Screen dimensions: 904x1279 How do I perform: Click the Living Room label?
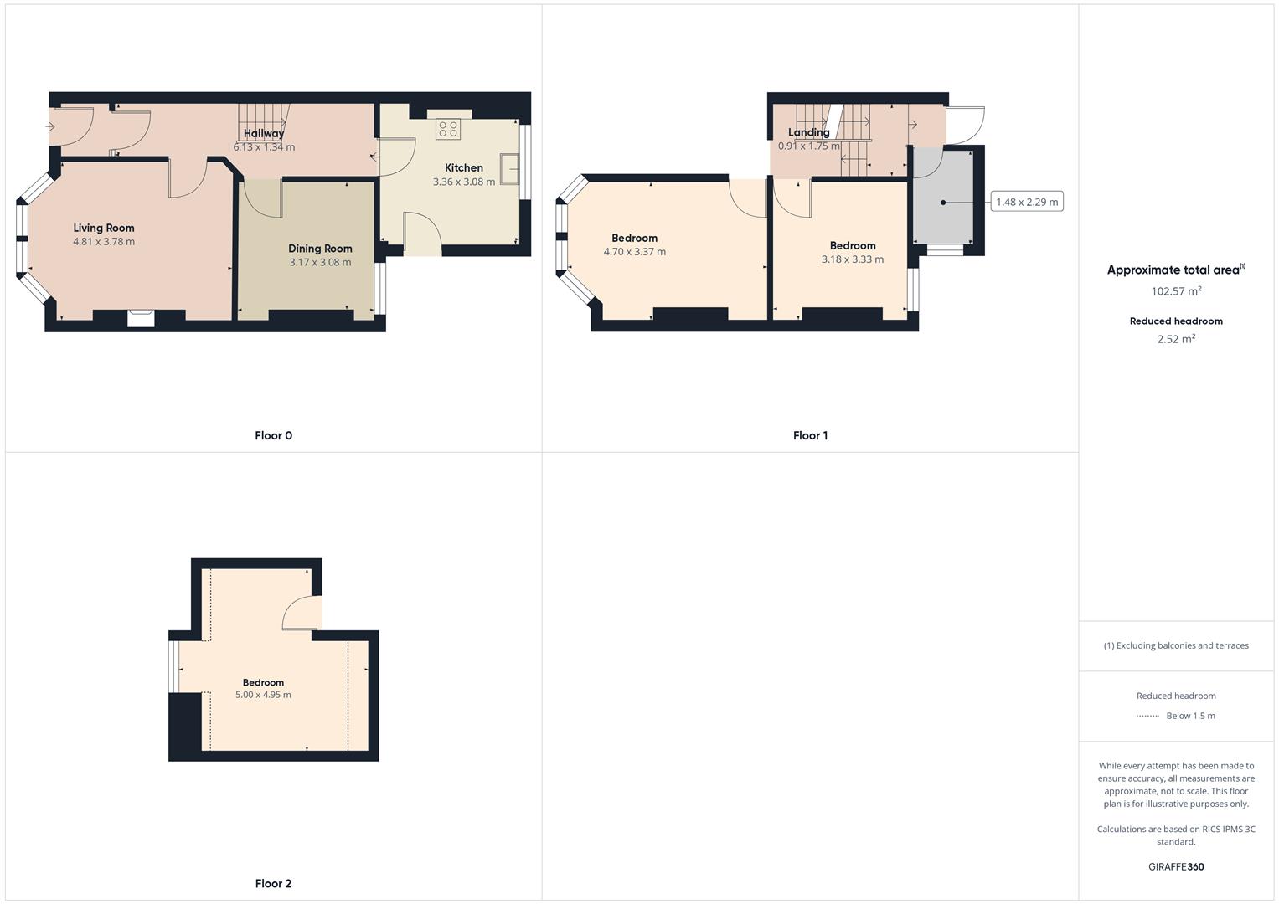[104, 228]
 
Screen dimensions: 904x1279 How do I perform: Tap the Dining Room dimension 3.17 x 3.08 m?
[320, 263]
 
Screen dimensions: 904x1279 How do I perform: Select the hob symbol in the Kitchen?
[447, 129]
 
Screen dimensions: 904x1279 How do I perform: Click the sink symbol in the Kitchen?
[509, 169]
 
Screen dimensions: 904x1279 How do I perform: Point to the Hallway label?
[264, 133]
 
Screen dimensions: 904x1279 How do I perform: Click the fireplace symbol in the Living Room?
[141, 317]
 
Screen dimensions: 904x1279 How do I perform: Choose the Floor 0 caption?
[273, 435]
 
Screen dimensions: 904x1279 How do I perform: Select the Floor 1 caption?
[810, 435]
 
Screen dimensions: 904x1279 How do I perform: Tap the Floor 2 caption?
[273, 883]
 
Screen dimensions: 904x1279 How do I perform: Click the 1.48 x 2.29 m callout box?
[1027, 202]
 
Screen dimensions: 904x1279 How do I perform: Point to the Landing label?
[808, 132]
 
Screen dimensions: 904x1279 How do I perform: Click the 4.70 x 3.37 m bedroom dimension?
[634, 252]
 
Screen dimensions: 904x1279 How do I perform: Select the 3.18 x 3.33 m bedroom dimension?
[852, 259]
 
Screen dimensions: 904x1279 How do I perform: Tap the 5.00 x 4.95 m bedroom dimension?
[263, 695]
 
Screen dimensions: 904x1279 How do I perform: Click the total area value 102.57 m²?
[1176, 291]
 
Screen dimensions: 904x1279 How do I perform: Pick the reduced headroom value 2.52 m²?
[1176, 339]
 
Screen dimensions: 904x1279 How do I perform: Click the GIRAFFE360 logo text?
[1176, 867]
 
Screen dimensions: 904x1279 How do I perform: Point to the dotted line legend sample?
[1147, 716]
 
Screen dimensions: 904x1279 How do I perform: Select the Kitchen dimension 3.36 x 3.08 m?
[463, 182]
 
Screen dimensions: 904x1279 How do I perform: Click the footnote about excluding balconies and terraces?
[1176, 645]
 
